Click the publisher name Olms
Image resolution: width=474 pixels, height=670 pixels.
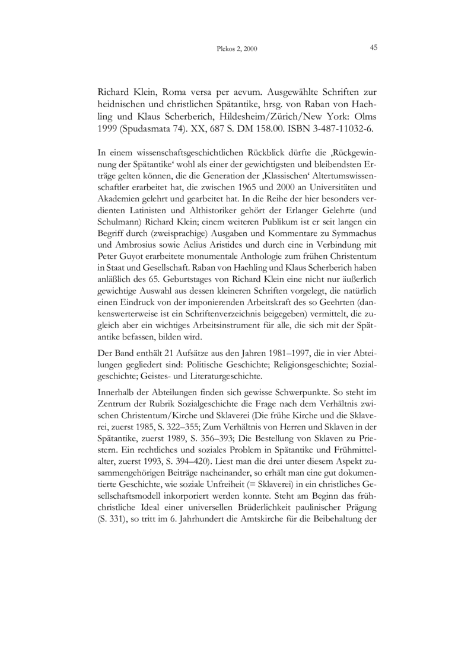pyautogui.click(x=365, y=116)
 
